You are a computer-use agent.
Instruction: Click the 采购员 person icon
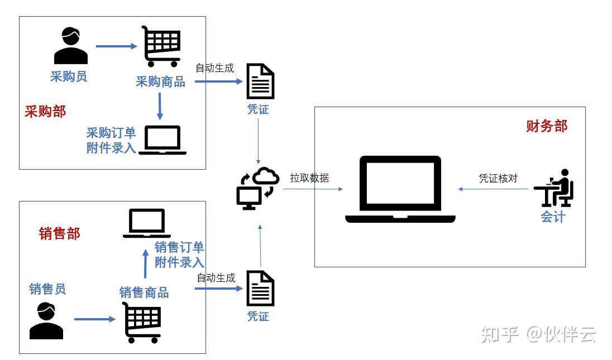click(71, 46)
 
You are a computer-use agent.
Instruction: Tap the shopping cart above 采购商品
click(161, 46)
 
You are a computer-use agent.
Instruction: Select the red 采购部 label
click(45, 112)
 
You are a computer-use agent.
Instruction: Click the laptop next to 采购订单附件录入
click(162, 140)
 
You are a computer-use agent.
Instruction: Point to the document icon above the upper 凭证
click(260, 81)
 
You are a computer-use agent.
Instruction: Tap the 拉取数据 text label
click(309, 178)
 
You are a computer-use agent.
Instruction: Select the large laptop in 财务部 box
click(400, 190)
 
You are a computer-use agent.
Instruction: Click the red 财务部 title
click(547, 126)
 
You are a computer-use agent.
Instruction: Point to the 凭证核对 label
click(498, 178)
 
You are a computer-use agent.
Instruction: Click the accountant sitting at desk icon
click(554, 188)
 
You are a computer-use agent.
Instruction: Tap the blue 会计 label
click(553, 217)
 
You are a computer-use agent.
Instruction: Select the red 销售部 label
click(59, 234)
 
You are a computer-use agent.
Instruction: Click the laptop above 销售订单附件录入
click(147, 223)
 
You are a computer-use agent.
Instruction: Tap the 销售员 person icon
click(46, 321)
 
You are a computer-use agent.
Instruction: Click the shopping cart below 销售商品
click(142, 323)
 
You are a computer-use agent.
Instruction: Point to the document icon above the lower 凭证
click(260, 288)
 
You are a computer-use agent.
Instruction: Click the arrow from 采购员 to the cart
click(117, 46)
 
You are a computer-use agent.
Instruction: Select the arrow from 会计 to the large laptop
click(493, 189)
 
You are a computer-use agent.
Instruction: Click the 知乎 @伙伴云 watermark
click(538, 335)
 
